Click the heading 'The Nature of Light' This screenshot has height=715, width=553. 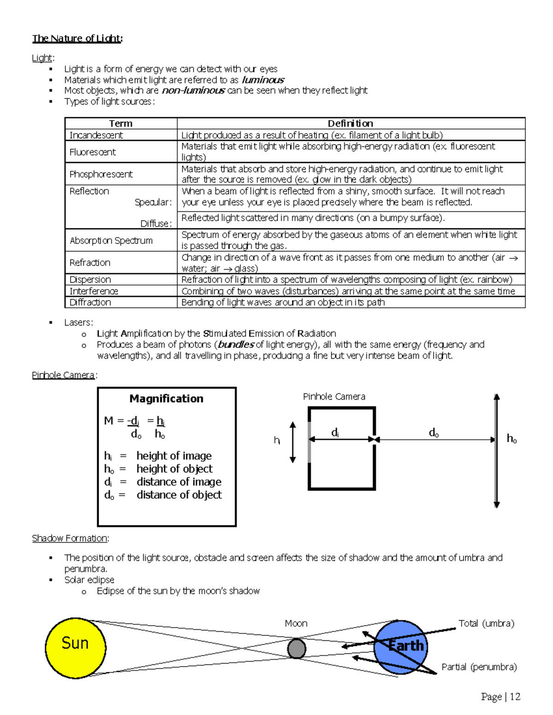pyautogui.click(x=77, y=38)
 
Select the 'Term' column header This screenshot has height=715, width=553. pyautogui.click(x=121, y=123)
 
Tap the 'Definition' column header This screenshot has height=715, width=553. pyautogui.click(x=350, y=123)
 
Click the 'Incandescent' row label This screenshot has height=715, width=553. pyautogui.click(x=96, y=135)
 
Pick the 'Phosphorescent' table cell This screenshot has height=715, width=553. pyautogui.click(x=101, y=174)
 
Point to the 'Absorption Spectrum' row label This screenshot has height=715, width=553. pyautogui.click(x=111, y=240)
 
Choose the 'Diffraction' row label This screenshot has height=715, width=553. pyautogui.click(x=90, y=302)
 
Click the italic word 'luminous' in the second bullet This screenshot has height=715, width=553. pyautogui.click(x=263, y=80)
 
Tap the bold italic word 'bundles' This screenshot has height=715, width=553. pyautogui.click(x=236, y=344)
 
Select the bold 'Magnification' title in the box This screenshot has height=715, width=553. pyautogui.click(x=166, y=399)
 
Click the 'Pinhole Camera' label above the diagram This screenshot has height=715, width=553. pyautogui.click(x=334, y=396)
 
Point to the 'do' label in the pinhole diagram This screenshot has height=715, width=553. pyautogui.click(x=434, y=432)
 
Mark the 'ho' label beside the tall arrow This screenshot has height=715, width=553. pyautogui.click(x=512, y=438)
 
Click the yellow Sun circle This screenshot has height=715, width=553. pyautogui.click(x=76, y=647)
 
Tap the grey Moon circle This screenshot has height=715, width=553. pyautogui.click(x=296, y=649)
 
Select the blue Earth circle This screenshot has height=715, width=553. pyautogui.click(x=400, y=647)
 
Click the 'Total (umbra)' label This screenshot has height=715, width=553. pyautogui.click(x=486, y=623)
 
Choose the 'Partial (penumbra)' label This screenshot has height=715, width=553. pyautogui.click(x=479, y=667)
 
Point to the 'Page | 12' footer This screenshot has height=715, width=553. pyautogui.click(x=500, y=697)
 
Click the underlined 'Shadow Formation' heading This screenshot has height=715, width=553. pyautogui.click(x=70, y=538)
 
